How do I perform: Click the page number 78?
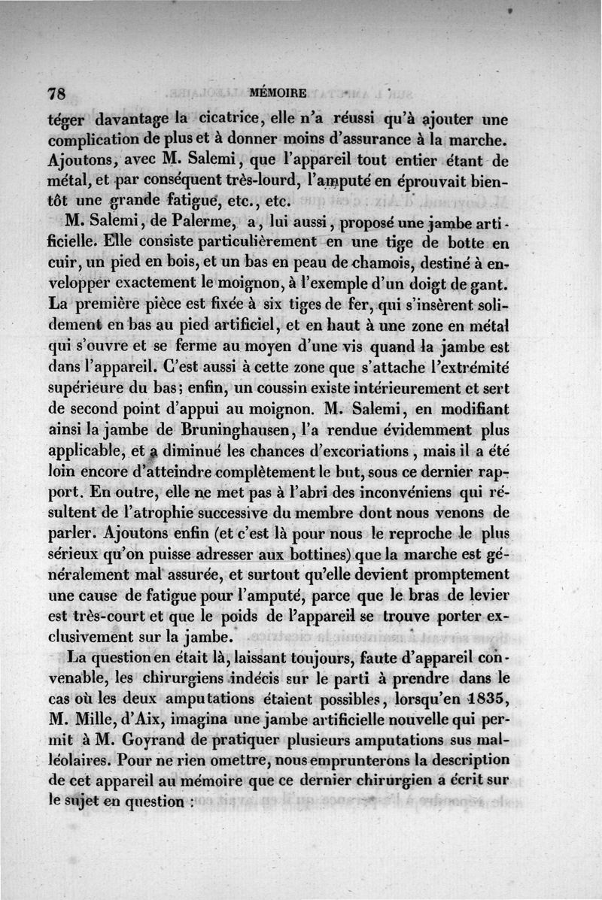57,94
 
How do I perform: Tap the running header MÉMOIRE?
278,94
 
